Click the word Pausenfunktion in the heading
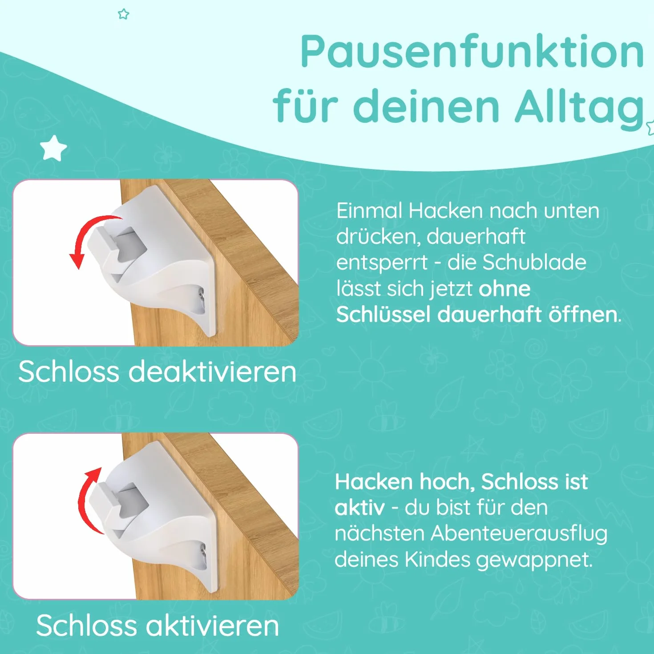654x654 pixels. (472, 52)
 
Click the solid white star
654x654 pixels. (53, 148)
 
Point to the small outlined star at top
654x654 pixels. (124, 14)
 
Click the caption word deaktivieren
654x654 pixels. (212, 371)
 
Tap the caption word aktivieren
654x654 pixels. (213, 625)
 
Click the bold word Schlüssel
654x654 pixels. (384, 314)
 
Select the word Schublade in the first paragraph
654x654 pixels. (534, 262)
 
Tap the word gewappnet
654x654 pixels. (534, 560)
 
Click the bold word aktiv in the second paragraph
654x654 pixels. (360, 507)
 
